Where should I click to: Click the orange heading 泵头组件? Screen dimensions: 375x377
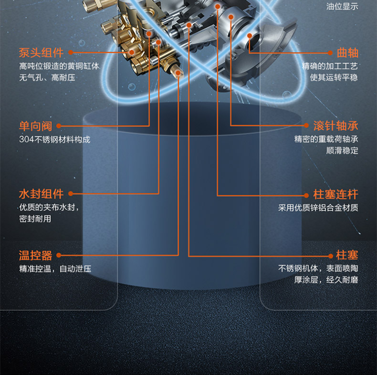pyautogui.click(x=41, y=53)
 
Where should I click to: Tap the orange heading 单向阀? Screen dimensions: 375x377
pyautogui.click(x=35, y=126)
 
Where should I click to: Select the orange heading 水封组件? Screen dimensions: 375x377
pyautogui.click(x=41, y=194)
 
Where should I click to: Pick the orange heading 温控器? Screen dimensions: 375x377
pyautogui.click(x=35, y=255)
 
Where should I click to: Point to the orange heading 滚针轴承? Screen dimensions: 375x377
pyautogui.click(x=335, y=126)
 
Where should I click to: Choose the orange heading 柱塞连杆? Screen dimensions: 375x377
pyautogui.click(x=335, y=195)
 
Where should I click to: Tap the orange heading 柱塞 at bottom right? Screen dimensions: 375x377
pyautogui.click(x=347, y=255)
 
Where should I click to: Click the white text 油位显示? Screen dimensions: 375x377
pyautogui.click(x=342, y=7)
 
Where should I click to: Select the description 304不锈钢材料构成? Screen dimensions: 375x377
pyautogui.click(x=54, y=140)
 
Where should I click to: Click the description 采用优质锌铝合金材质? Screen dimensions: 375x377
pyautogui.click(x=318, y=208)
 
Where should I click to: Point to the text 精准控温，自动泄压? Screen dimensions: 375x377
pyautogui.click(x=55, y=269)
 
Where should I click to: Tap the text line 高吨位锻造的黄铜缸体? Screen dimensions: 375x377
pyautogui.click(x=59, y=66)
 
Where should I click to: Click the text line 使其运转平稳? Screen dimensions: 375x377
pyautogui.click(x=334, y=77)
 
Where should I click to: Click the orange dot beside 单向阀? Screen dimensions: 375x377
pyautogui.click(x=59, y=126)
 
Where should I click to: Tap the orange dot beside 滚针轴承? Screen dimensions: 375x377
pyautogui.click(x=306, y=126)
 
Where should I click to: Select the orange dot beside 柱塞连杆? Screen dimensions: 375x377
pyautogui.click(x=306, y=195)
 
